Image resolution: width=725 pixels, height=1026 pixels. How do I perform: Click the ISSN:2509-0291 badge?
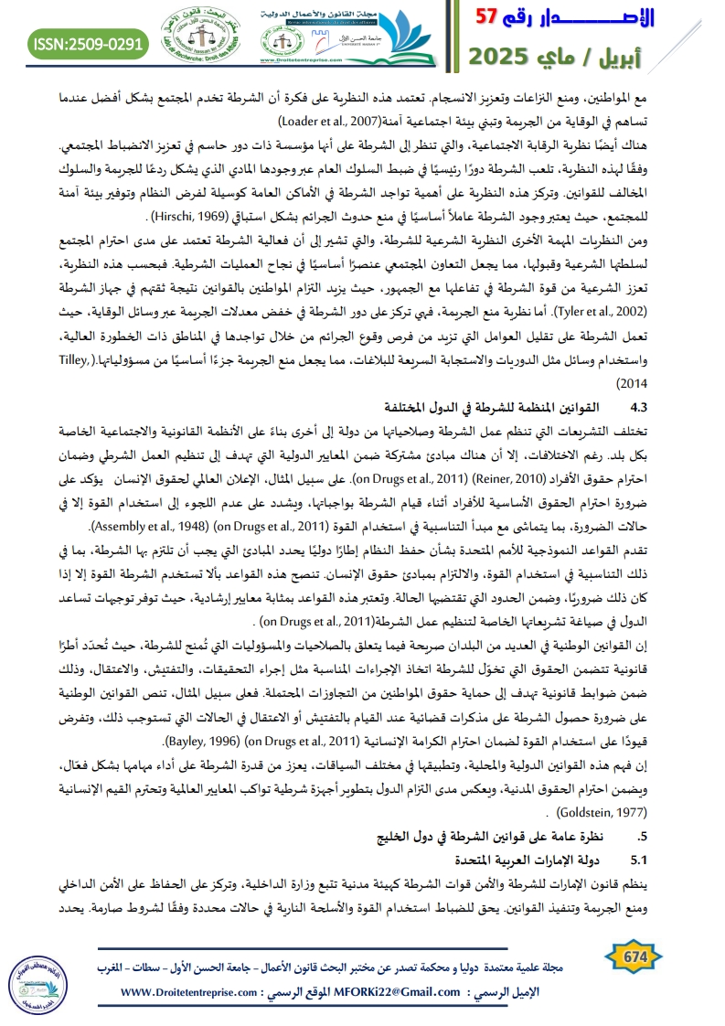(89, 43)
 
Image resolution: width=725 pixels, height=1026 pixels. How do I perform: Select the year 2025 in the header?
(508, 57)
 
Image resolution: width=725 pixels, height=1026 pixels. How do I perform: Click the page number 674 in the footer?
(634, 955)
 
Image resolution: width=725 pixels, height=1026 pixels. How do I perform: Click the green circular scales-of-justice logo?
(201, 37)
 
